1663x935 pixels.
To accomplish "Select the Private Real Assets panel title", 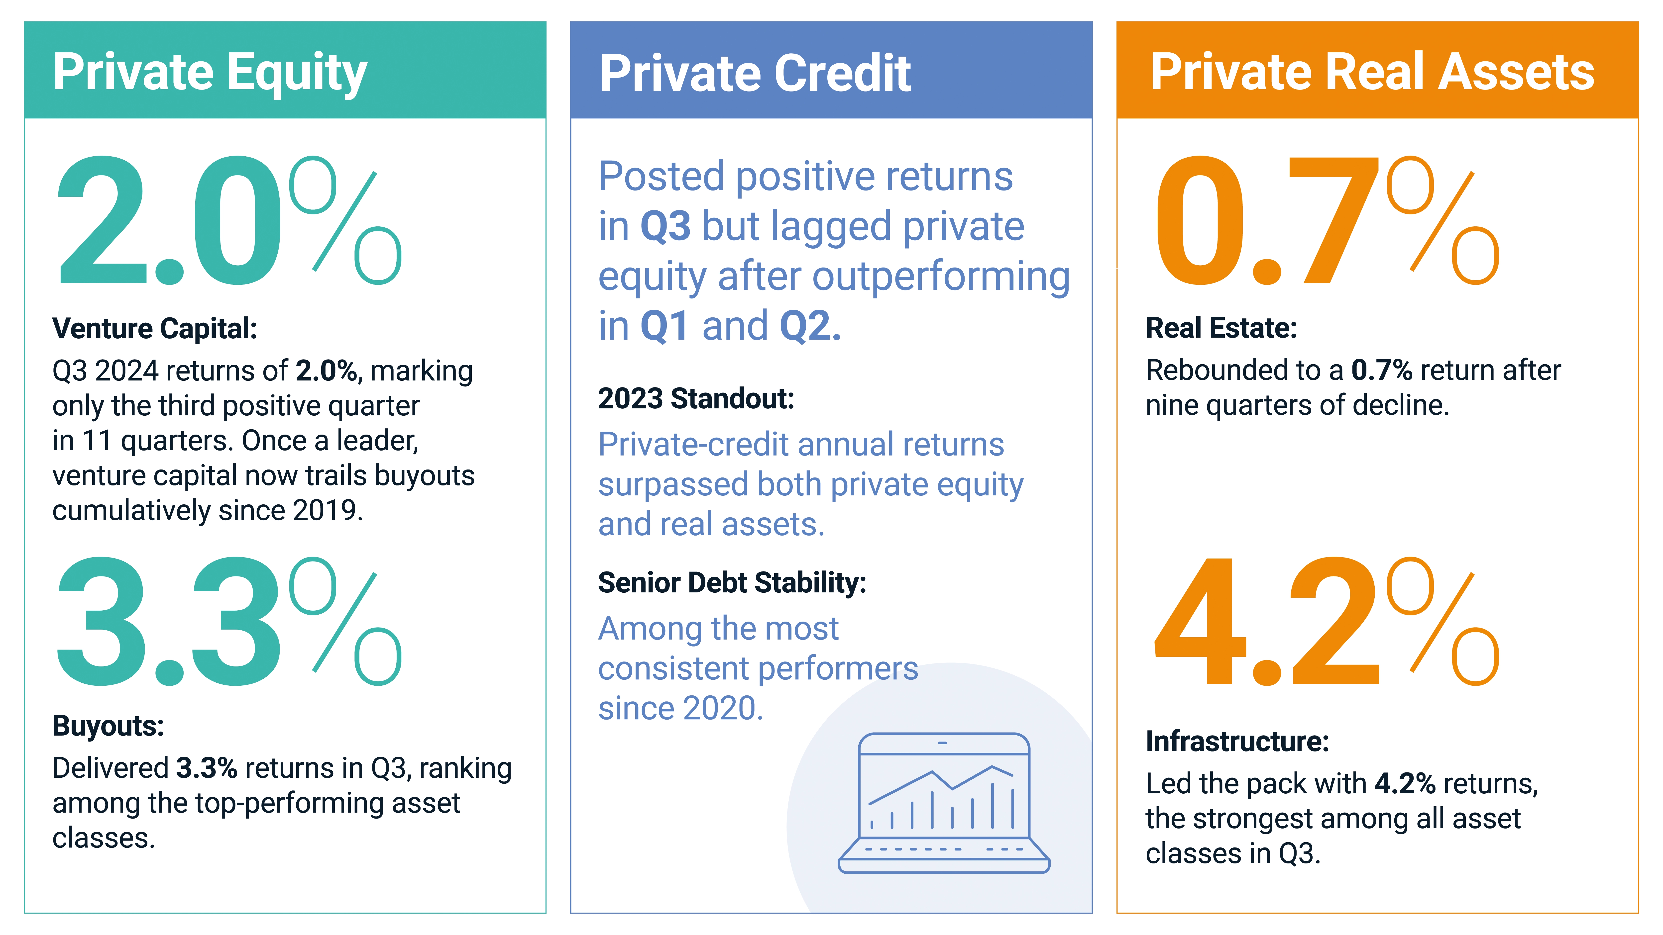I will tap(1372, 72).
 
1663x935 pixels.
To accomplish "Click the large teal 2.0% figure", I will tap(229, 221).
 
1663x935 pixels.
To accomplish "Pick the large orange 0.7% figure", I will tap(1327, 221).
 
